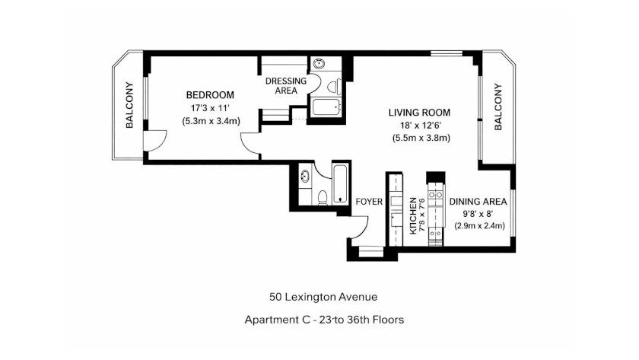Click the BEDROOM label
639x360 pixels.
tap(210, 95)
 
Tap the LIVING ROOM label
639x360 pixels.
tap(419, 113)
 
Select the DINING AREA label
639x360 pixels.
tap(478, 202)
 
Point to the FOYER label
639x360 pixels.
tap(369, 202)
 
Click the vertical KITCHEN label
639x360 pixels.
tap(413, 215)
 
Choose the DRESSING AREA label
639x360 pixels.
tap(286, 85)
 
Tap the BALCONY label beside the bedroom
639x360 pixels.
tap(129, 105)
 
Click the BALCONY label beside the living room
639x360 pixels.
tap(498, 107)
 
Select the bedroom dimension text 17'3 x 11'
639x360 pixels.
tap(210, 108)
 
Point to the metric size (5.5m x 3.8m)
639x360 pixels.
tap(421, 138)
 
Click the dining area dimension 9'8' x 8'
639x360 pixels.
tap(478, 214)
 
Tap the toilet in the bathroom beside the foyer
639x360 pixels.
tap(323, 197)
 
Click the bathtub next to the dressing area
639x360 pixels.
tap(326, 107)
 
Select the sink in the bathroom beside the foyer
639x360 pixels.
tap(305, 177)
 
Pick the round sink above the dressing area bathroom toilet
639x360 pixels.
tap(318, 64)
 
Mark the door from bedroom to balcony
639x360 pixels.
tap(155, 141)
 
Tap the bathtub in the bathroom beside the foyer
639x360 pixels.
tap(340, 184)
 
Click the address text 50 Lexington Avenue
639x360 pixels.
tap(323, 297)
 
